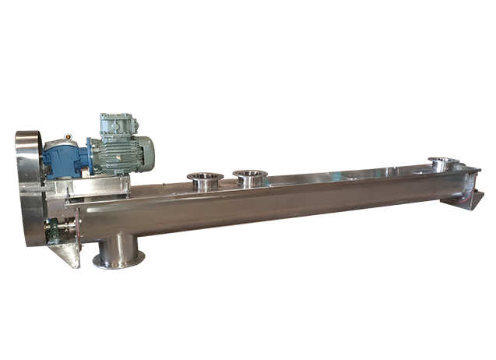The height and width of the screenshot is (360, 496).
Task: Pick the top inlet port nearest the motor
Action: coord(204,181)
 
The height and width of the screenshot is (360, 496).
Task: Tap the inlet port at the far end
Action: coord(444,164)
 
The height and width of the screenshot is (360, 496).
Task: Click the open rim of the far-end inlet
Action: coord(444,161)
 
